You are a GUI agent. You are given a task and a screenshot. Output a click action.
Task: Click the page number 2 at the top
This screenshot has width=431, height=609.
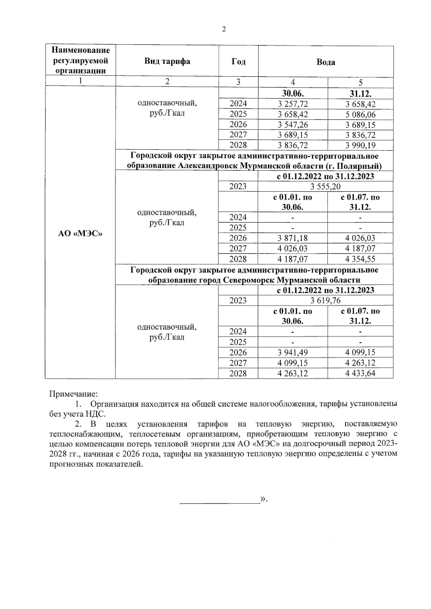click(x=224, y=29)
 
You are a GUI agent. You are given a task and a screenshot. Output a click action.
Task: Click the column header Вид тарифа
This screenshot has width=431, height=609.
click(x=167, y=61)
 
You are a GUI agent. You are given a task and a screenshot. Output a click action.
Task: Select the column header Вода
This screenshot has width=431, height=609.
click(x=325, y=62)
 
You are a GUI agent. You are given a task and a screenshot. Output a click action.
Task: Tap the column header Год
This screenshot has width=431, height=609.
click(x=238, y=61)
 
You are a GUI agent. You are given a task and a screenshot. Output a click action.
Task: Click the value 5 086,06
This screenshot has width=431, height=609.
click(x=360, y=114)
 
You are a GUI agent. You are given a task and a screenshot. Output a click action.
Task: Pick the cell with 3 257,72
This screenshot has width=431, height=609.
click(x=293, y=104)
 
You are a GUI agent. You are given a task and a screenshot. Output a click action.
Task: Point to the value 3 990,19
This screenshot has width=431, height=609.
click(x=360, y=145)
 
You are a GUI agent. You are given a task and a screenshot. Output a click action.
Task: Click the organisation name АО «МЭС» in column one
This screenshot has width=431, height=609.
click(x=80, y=233)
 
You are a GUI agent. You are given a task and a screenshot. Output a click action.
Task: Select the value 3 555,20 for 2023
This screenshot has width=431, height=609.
click(x=325, y=186)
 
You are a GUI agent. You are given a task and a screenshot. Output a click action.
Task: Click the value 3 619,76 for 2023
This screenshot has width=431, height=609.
click(x=325, y=300)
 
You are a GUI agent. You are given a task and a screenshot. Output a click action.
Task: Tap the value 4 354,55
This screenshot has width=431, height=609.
click(x=360, y=259)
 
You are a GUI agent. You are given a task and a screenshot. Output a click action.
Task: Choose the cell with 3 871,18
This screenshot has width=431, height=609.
click(x=293, y=238)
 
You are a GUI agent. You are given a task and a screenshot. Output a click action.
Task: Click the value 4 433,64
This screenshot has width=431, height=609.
click(x=360, y=373)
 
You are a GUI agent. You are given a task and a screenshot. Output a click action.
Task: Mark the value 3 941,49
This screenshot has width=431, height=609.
click(x=293, y=352)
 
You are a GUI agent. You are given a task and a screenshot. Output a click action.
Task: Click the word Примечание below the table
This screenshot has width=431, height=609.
click(x=73, y=394)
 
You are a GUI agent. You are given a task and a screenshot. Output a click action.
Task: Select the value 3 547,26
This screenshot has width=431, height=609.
click(x=293, y=125)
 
